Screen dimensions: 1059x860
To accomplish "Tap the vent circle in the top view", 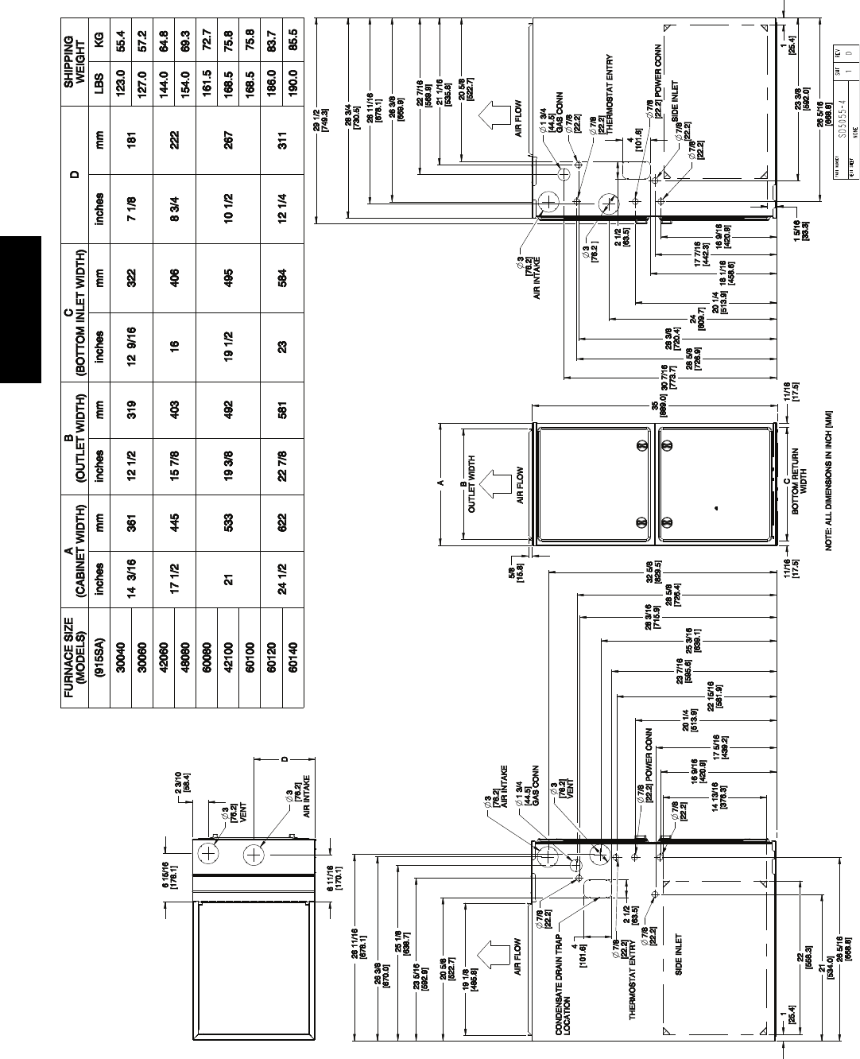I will [209, 854].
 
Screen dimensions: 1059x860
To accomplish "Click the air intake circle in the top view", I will [254, 855].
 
